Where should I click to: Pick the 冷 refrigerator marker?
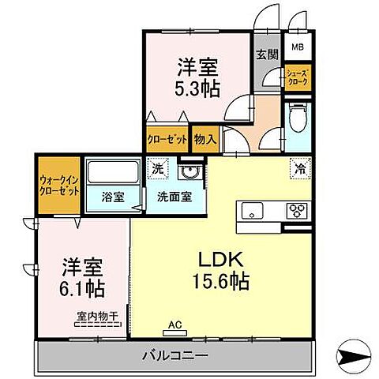coord(300,168)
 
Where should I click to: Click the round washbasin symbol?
coord(188,171)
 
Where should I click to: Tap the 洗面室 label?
coord(171,196)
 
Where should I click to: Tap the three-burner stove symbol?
coord(298,210)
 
